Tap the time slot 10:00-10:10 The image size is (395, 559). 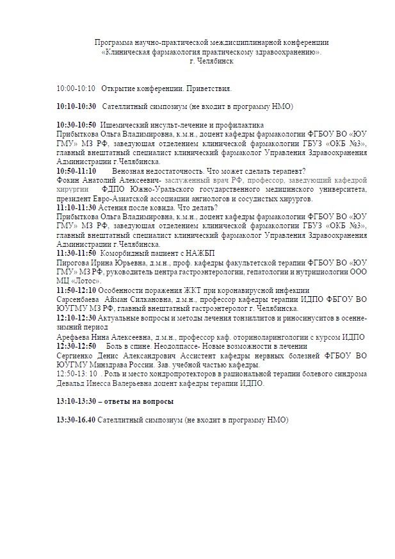tap(76, 88)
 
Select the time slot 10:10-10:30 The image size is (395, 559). tap(76, 106)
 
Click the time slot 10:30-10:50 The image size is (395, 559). tap(76, 124)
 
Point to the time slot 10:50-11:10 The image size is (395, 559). tap(76, 171)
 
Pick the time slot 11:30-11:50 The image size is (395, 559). tap(76, 254)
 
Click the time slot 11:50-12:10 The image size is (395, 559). tap(76, 290)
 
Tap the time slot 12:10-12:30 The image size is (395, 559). tap(76, 318)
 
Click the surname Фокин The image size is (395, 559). tap(69, 181)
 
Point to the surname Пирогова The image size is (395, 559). tap(74, 263)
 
